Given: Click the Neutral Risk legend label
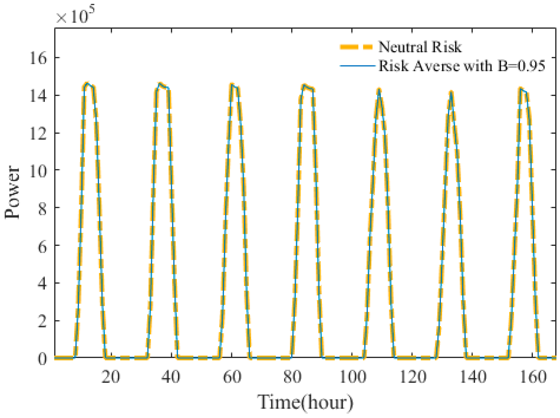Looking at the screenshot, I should pyautogui.click(x=420, y=47).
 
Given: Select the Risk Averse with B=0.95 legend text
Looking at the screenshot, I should pyautogui.click(x=461, y=66).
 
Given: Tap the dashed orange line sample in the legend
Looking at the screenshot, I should pyautogui.click(x=356, y=47).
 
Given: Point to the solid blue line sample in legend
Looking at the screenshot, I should pyautogui.click(x=357, y=66).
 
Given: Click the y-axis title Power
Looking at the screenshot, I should pyautogui.click(x=12, y=192).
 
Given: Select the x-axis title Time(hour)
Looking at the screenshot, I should pyautogui.click(x=305, y=402).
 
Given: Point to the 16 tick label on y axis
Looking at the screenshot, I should pyautogui.click(x=38, y=58).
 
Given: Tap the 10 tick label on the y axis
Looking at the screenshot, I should pyautogui.click(x=38, y=170).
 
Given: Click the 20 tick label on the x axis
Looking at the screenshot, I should pyautogui.click(x=111, y=377).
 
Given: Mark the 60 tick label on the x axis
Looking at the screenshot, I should pyautogui.click(x=232, y=377).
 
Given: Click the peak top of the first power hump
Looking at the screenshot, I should pyautogui.click(x=87, y=83).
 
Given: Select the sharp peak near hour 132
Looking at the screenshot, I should pyautogui.click(x=451, y=92).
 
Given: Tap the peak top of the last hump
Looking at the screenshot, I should pyautogui.click(x=521, y=88).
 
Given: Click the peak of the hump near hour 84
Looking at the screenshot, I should pyautogui.click(x=304, y=85).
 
